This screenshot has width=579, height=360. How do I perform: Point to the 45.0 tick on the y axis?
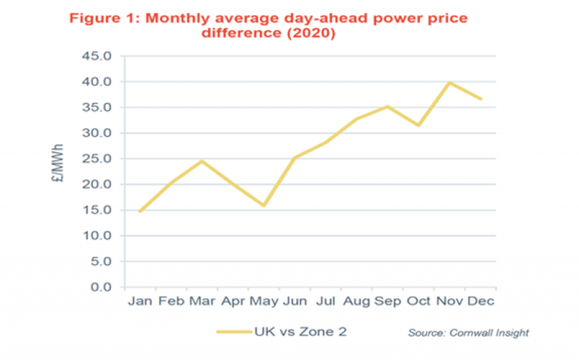[x=96, y=56]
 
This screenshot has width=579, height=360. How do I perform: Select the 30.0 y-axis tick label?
[x=96, y=133]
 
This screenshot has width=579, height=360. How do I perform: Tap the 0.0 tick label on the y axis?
[x=99, y=287]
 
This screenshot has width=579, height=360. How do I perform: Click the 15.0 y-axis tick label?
[x=96, y=210]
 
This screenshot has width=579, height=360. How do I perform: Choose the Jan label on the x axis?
[x=140, y=300]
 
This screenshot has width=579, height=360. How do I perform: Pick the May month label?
[x=263, y=300]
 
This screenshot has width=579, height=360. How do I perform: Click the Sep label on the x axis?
[x=388, y=300]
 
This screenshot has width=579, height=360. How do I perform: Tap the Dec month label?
[x=481, y=300]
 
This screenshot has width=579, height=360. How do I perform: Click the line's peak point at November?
[x=450, y=83]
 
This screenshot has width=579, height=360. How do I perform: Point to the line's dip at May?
[x=263, y=206]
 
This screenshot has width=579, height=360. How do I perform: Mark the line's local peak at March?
[x=202, y=161]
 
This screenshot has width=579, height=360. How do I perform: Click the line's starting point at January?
[x=140, y=212]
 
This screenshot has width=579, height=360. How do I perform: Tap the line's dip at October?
[x=419, y=125]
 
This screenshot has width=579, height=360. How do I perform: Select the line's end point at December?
[x=481, y=99]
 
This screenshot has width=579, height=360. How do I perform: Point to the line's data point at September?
[x=388, y=106]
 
